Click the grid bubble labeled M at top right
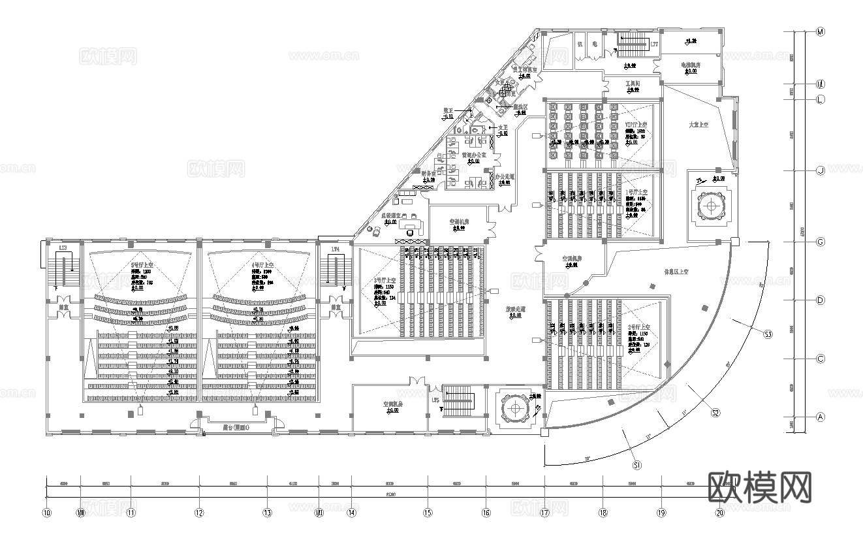tap(821, 31)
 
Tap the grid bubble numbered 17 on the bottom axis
tap(544, 513)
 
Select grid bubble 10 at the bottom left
tap(46, 513)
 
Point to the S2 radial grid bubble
tap(715, 413)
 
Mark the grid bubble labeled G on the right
tap(821, 242)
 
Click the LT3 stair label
tap(63, 249)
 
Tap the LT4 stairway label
tap(335, 249)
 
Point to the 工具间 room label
tap(632, 84)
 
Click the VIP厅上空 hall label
tap(636, 124)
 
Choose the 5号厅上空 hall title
tap(142, 264)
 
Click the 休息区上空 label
tap(676, 271)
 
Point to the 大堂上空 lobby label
tap(699, 124)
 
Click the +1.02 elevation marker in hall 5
tap(174, 341)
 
